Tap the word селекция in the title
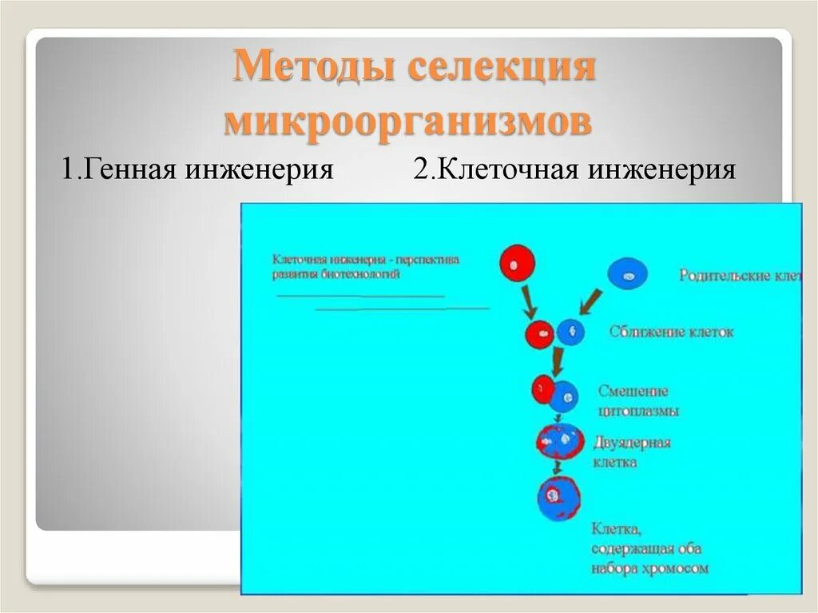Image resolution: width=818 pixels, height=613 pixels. click(502, 67)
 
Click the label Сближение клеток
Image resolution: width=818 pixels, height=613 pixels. click(671, 331)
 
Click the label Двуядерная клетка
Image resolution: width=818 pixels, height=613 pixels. click(631, 452)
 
